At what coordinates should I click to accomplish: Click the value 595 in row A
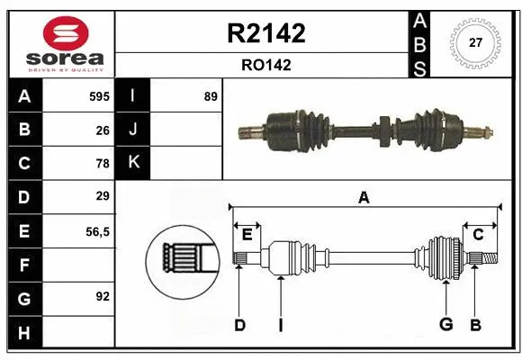tap(98, 96)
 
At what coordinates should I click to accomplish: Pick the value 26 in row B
tap(102, 130)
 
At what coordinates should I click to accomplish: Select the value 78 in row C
tap(102, 164)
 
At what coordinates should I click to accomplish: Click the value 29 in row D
tap(102, 196)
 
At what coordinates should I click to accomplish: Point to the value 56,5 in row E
tap(97, 230)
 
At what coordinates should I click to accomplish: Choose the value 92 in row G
tap(102, 294)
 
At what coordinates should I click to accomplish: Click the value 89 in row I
tap(210, 96)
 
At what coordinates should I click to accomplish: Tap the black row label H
tap(23, 334)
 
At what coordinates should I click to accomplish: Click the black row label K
tap(133, 164)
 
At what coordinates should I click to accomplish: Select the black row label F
tap(23, 265)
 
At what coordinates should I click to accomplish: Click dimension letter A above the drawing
tap(364, 197)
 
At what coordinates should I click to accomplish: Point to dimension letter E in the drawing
tap(247, 234)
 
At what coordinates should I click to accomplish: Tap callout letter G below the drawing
tap(445, 325)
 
